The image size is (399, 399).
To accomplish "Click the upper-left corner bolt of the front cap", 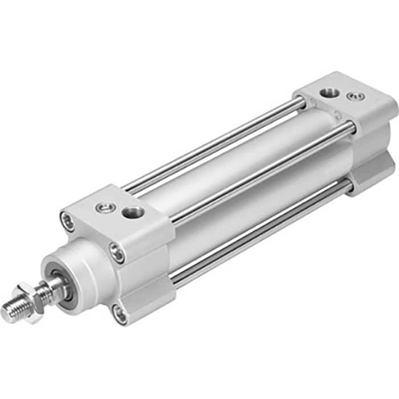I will pos(68,221).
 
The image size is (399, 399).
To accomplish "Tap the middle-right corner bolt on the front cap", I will pos(117,253).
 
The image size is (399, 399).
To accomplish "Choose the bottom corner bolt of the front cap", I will pos(119,313).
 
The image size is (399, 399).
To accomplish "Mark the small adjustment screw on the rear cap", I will pos(357,96).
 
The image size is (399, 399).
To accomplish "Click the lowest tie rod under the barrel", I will pos(256,234).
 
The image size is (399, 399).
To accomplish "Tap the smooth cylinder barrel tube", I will pos(228,182).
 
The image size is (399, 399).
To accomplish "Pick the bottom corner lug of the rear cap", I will pos(370,177).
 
